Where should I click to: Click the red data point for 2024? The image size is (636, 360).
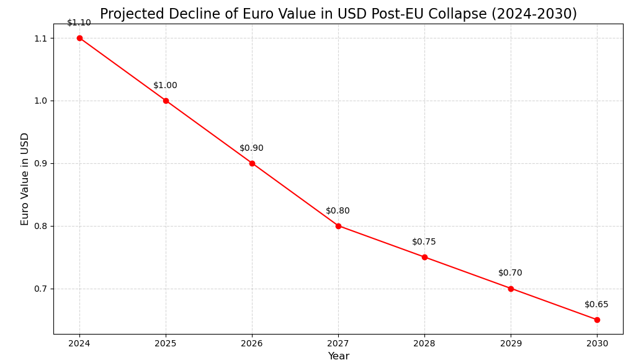click(79, 38)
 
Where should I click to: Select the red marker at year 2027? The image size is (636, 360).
click(338, 226)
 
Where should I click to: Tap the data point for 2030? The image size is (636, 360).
click(597, 320)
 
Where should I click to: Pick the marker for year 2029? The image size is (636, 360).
click(511, 289)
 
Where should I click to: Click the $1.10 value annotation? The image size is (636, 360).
click(79, 23)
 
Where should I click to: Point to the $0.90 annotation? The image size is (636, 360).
click(251, 148)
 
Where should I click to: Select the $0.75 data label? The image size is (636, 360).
click(424, 242)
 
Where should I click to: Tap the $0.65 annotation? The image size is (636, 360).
click(596, 305)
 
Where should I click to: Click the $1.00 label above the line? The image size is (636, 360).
click(165, 86)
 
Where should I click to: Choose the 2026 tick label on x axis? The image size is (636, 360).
click(252, 343)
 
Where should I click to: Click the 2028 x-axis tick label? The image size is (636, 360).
click(424, 343)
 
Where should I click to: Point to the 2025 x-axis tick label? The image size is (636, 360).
click(166, 343)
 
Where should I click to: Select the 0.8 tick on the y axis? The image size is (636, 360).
click(40, 226)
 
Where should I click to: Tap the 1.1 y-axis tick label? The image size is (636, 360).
click(40, 38)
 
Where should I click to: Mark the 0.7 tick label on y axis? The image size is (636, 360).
click(40, 289)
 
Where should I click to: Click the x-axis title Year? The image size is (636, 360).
click(338, 356)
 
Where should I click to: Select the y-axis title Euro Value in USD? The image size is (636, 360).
click(25, 179)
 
